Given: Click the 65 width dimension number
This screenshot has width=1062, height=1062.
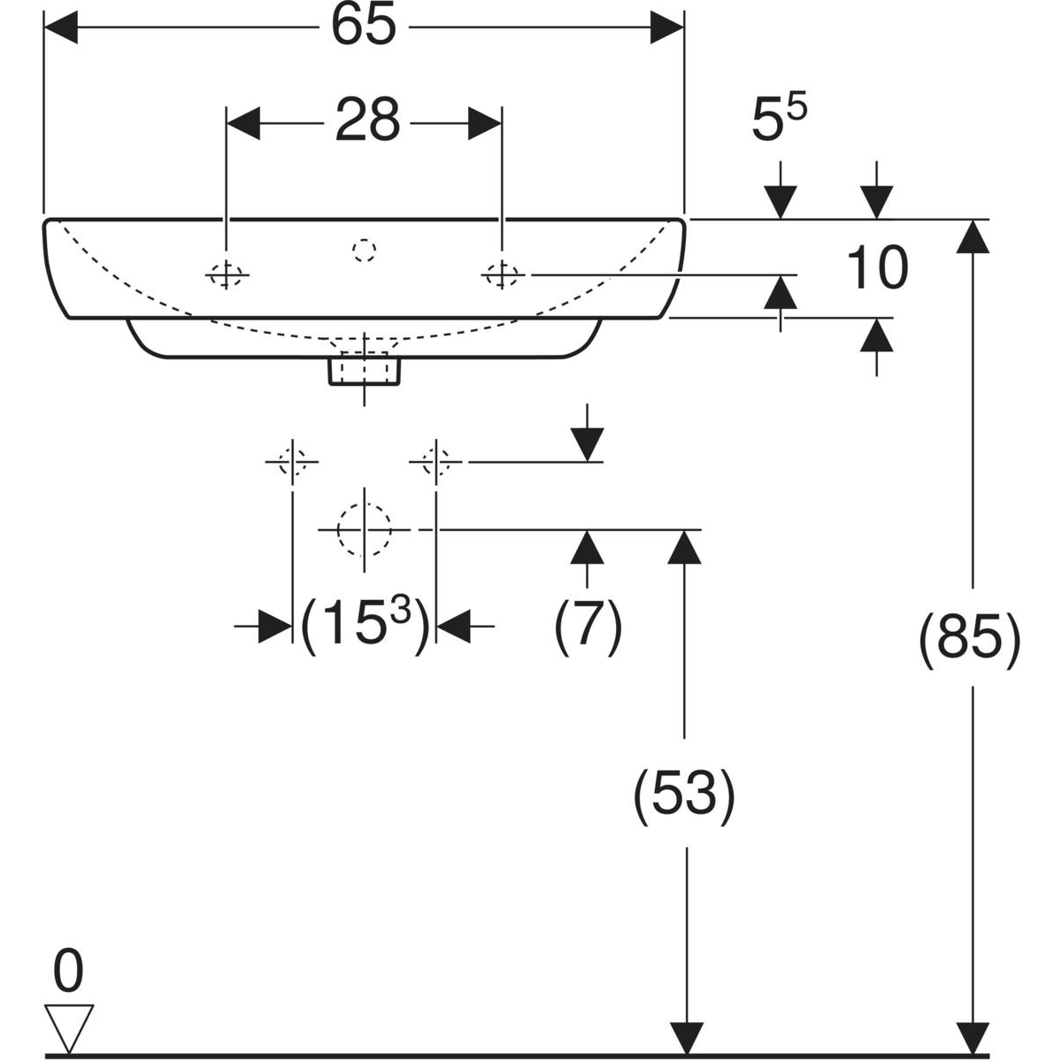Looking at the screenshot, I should pyautogui.click(x=364, y=27).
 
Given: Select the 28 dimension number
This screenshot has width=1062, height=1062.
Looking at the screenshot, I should pyautogui.click(x=367, y=121).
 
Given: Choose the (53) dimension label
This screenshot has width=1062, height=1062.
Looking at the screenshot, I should pyautogui.click(x=684, y=793).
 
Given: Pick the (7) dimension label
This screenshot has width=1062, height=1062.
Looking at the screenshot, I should pyautogui.click(x=589, y=627).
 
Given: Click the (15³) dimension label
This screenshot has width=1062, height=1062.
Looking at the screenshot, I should pyautogui.click(x=365, y=627).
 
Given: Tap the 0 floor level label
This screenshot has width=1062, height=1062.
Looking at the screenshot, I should pyautogui.click(x=68, y=971).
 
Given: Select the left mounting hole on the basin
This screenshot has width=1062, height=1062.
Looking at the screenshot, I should pyautogui.click(x=227, y=275).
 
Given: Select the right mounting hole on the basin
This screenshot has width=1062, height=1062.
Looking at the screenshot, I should pyautogui.click(x=502, y=275).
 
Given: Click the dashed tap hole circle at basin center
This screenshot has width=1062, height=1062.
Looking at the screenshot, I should pyautogui.click(x=364, y=250).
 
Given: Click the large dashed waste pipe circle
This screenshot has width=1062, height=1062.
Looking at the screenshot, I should pyautogui.click(x=364, y=529).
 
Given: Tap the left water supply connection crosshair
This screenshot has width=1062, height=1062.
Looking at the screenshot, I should pyautogui.click(x=292, y=461).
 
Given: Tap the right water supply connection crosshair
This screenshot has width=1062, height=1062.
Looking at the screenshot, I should pyautogui.click(x=435, y=461).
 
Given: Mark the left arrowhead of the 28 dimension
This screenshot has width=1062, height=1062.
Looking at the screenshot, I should pyautogui.click(x=244, y=122).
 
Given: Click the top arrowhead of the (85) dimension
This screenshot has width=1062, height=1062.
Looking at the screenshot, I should pyautogui.click(x=973, y=235).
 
